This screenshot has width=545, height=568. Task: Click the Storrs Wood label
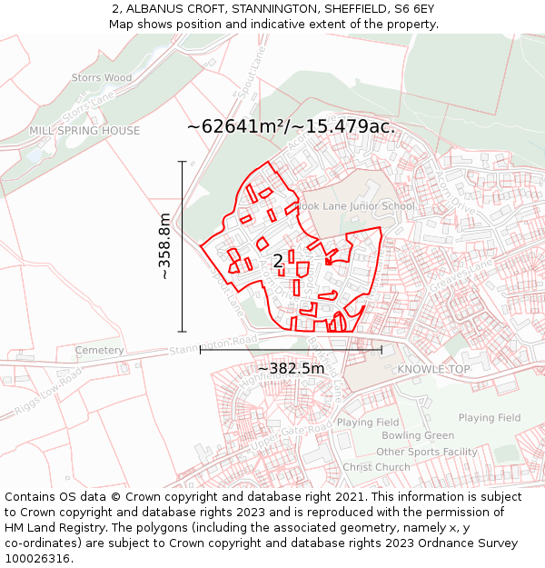tap(102, 78)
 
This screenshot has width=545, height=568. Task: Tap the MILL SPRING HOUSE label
tap(84, 131)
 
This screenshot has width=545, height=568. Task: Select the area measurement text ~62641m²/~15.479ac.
tap(291, 126)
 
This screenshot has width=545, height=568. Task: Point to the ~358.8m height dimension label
tap(164, 246)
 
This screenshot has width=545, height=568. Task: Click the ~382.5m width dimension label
tap(291, 368)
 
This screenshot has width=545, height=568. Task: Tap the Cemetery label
tap(99, 351)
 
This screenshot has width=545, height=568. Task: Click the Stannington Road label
tap(213, 346)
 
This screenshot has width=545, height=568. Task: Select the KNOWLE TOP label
tap(433, 370)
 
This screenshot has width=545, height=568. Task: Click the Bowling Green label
tap(418, 436)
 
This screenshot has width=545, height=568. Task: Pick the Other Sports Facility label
tap(426, 452)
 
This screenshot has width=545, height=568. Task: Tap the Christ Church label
tap(376, 467)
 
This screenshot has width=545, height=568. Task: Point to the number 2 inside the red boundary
tap(278, 262)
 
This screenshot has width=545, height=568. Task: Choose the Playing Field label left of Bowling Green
tap(368, 423)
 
